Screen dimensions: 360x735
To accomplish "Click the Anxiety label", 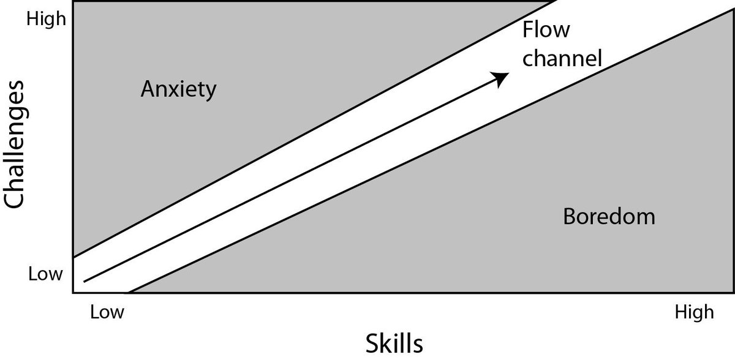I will (178, 90).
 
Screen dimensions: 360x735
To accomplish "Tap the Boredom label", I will (609, 216).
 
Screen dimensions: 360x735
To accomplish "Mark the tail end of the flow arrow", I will (84, 282).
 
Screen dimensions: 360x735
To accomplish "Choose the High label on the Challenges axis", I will (46, 20).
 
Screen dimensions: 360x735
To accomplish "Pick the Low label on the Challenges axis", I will (46, 274).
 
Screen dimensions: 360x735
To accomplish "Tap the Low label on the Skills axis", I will (107, 312).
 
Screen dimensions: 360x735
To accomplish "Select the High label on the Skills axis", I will (694, 312).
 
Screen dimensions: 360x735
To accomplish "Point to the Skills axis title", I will (394, 342).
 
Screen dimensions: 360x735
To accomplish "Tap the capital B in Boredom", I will (568, 216).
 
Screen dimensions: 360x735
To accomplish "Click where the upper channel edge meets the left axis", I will (73, 257).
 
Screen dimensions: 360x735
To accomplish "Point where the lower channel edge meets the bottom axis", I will (130, 293).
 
